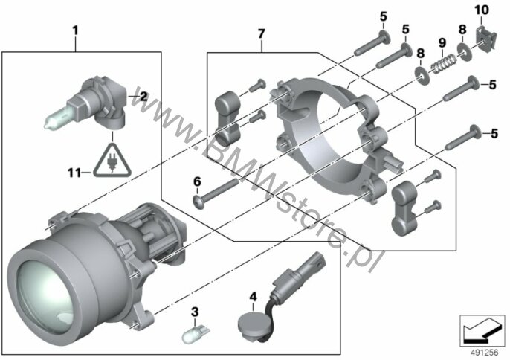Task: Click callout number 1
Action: coord(75,31)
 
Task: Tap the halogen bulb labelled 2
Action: coord(86,103)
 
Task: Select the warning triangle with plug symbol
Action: coord(112,161)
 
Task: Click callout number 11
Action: coord(74,173)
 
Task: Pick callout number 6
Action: coord(198,181)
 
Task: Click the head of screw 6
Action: coord(197,202)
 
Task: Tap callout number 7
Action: coord(262,34)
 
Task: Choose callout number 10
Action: coord(482,10)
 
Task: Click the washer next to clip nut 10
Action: coord(464,50)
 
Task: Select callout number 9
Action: coord(442,42)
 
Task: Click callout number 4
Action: coord(253,297)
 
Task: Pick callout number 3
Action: coord(194,312)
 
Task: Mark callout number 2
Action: coord(143,97)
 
